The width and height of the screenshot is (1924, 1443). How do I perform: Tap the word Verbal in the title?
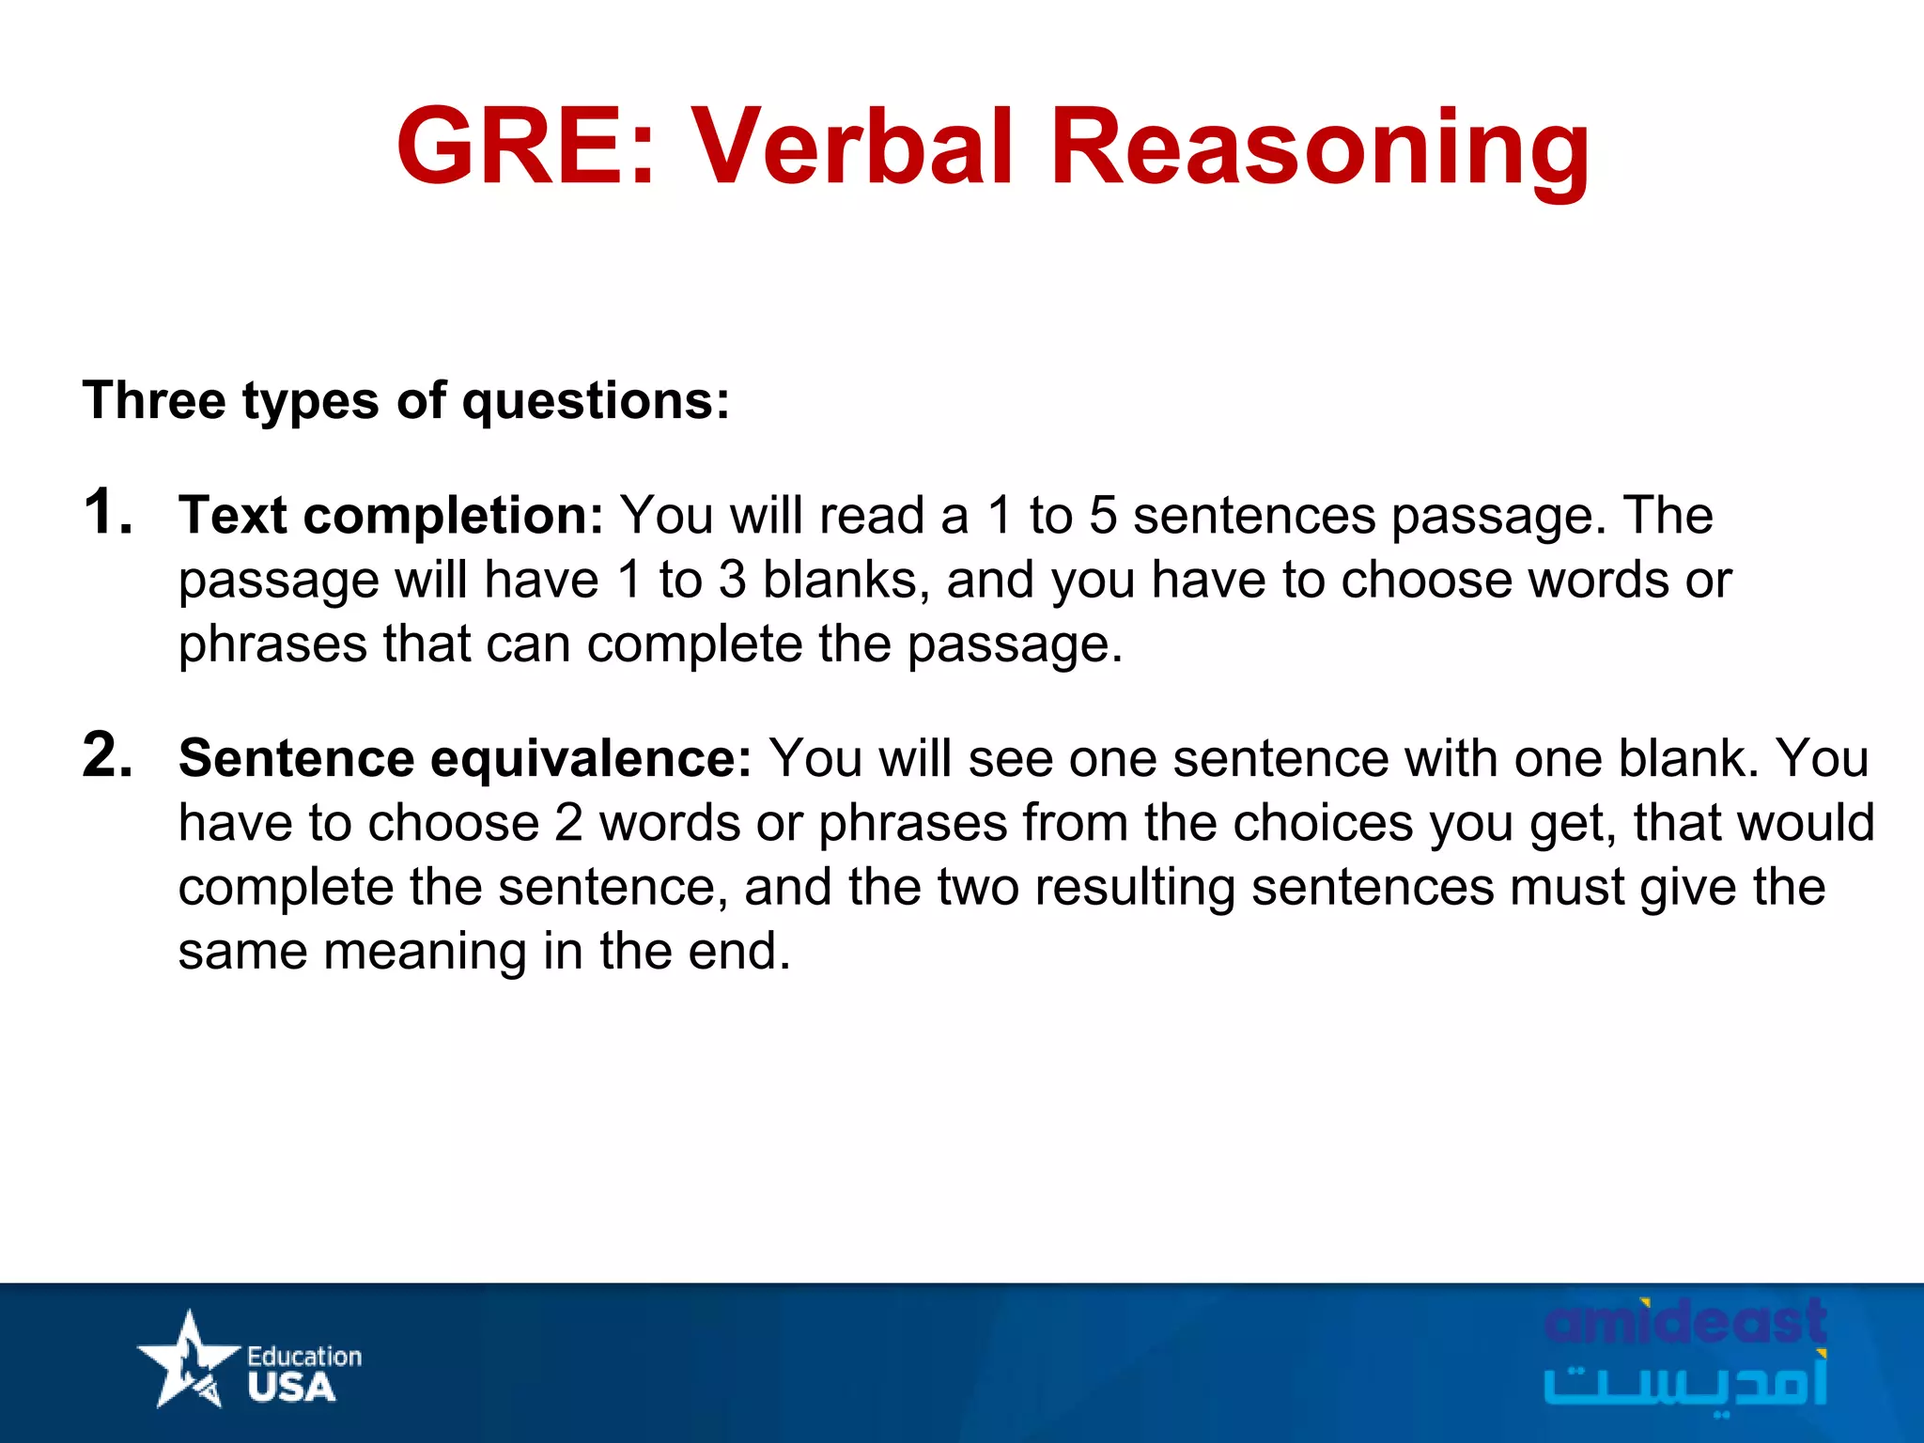(x=853, y=147)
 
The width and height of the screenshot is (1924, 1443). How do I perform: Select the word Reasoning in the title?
(x=1319, y=150)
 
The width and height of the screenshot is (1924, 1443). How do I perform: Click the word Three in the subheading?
(x=154, y=400)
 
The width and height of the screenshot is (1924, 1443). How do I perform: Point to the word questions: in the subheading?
(x=596, y=402)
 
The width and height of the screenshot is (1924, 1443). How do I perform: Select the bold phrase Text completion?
(x=391, y=517)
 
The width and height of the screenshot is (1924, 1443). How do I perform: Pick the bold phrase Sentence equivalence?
(x=465, y=759)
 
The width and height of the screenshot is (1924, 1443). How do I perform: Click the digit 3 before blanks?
(x=733, y=580)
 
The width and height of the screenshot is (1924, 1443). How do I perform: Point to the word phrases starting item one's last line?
(x=273, y=645)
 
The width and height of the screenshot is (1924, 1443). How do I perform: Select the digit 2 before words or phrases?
(x=568, y=823)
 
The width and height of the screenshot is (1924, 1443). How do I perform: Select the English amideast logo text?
(x=1685, y=1323)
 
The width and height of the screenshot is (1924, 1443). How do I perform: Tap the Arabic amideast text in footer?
(x=1685, y=1383)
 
